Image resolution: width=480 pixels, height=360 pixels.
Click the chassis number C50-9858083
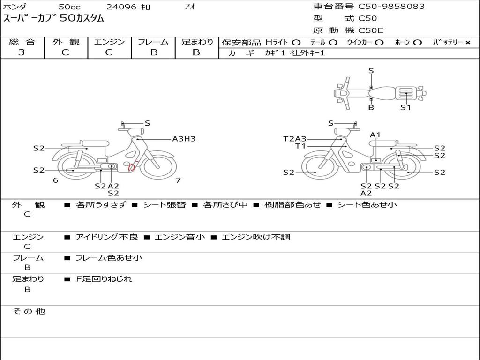[x=391, y=7]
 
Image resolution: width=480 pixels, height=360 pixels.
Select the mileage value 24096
[x=121, y=7]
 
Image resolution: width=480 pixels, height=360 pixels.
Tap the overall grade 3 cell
[x=22, y=52]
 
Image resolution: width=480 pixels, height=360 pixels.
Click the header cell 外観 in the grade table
[x=66, y=42]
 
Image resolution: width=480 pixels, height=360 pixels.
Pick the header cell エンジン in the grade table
[x=109, y=42]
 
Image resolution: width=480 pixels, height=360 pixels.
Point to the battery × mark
[x=467, y=43]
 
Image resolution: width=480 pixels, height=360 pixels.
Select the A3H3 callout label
[x=184, y=139]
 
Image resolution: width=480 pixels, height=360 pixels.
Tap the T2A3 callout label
[x=294, y=139]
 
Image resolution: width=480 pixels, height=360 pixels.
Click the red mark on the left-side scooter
[x=132, y=167]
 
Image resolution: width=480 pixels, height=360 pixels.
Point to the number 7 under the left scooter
[x=178, y=180]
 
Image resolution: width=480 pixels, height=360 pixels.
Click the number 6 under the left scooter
[x=55, y=180]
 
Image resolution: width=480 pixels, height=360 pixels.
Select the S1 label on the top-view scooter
[x=405, y=107]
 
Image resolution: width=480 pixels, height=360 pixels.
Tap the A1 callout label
[x=375, y=135]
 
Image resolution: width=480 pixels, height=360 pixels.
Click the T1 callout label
[x=300, y=146]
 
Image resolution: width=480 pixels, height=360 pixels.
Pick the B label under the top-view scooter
[x=371, y=107]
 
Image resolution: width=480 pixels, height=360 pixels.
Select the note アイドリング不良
[x=107, y=237]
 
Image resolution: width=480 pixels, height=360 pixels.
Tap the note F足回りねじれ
[x=104, y=279]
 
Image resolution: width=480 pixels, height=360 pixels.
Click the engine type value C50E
[x=371, y=30]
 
